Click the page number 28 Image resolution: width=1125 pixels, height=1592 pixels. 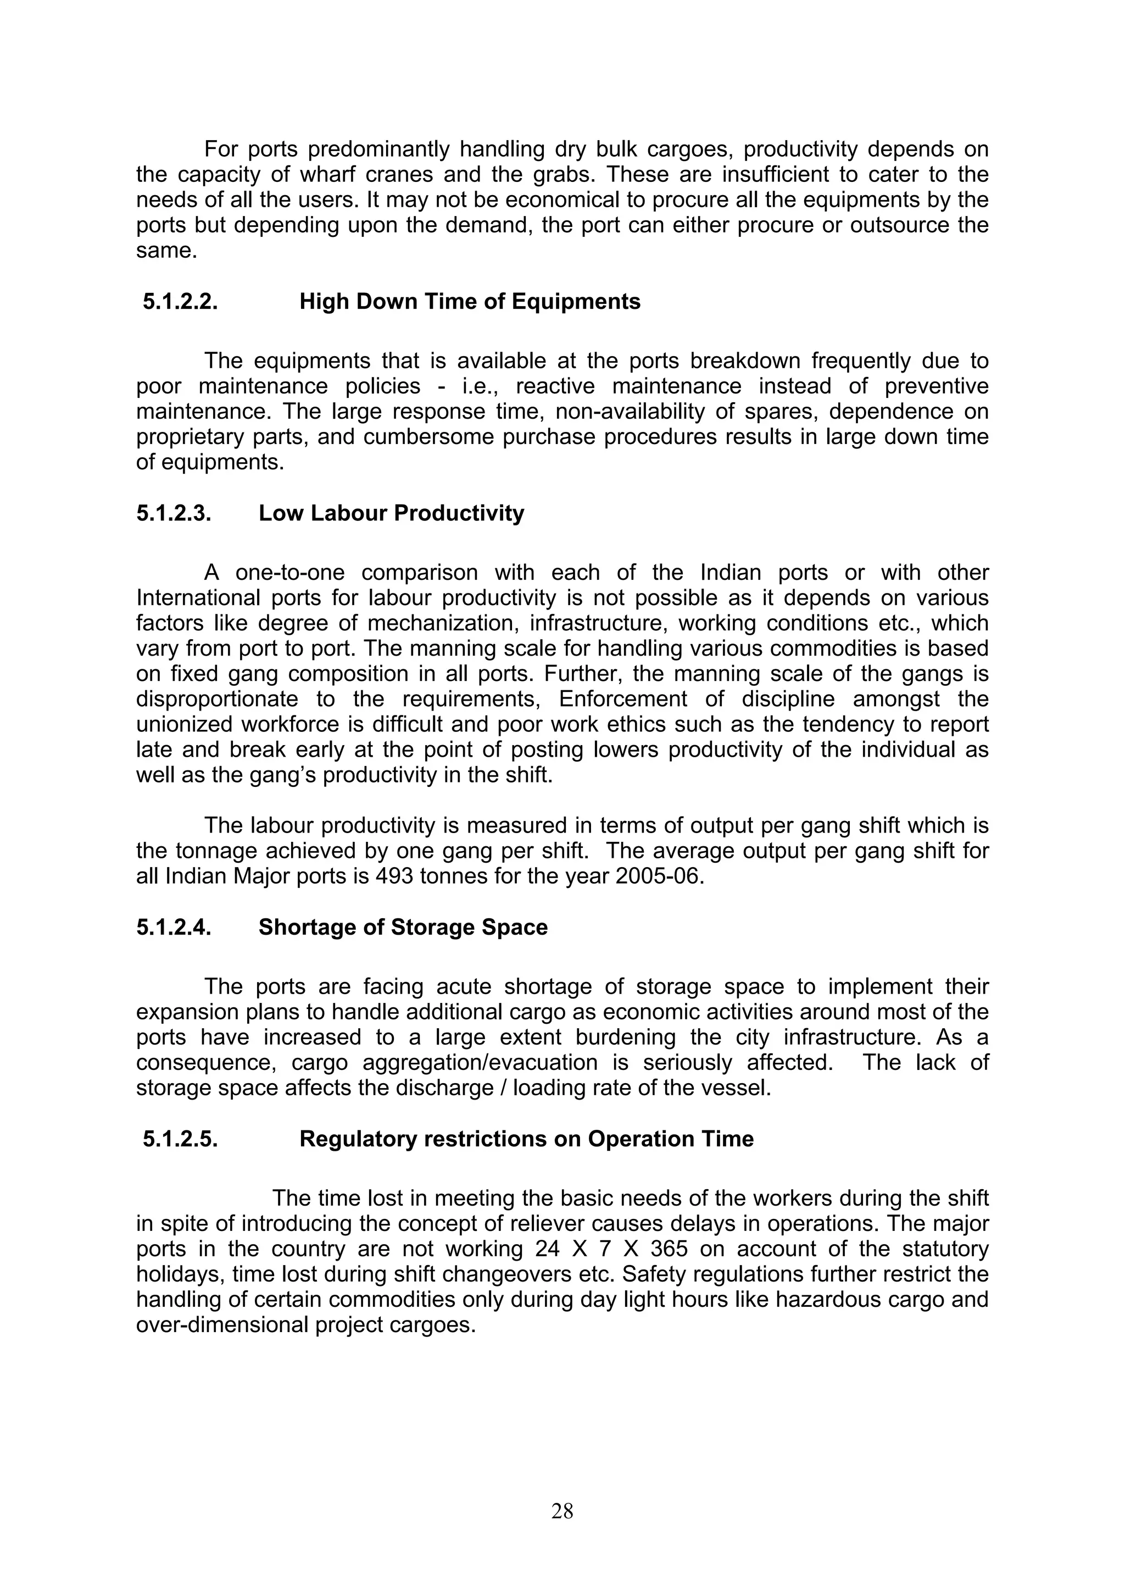pos(562,1510)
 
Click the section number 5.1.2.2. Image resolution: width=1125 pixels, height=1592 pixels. pos(180,302)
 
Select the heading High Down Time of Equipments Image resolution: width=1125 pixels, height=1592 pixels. pos(470,302)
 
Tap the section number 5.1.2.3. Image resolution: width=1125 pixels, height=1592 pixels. pos(173,513)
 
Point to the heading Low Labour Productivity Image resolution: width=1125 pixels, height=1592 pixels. pos(392,513)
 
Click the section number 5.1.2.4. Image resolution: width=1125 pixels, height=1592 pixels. pos(173,928)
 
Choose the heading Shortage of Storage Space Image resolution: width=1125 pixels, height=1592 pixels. pos(403,928)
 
